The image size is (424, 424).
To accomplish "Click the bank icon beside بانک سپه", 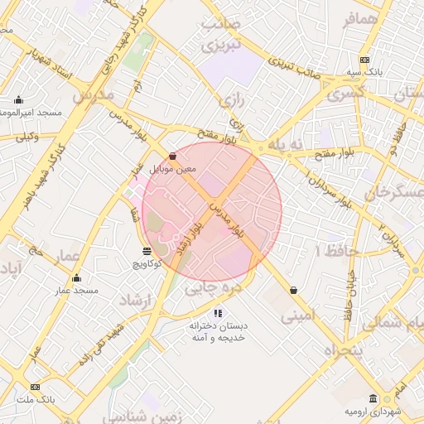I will point(364,60).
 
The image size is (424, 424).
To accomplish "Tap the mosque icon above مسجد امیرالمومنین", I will point(18,100).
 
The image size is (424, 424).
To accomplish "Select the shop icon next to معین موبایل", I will point(172,156).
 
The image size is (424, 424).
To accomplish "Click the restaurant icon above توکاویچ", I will point(147,250).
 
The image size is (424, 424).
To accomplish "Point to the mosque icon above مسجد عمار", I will point(77,278).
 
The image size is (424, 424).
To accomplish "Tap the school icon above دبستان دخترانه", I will point(218,313).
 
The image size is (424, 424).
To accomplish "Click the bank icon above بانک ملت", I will point(35,387).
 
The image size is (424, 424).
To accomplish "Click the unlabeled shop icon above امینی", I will point(294,290).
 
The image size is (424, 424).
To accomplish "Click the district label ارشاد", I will point(131,298).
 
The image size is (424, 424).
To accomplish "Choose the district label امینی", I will point(298,316).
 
